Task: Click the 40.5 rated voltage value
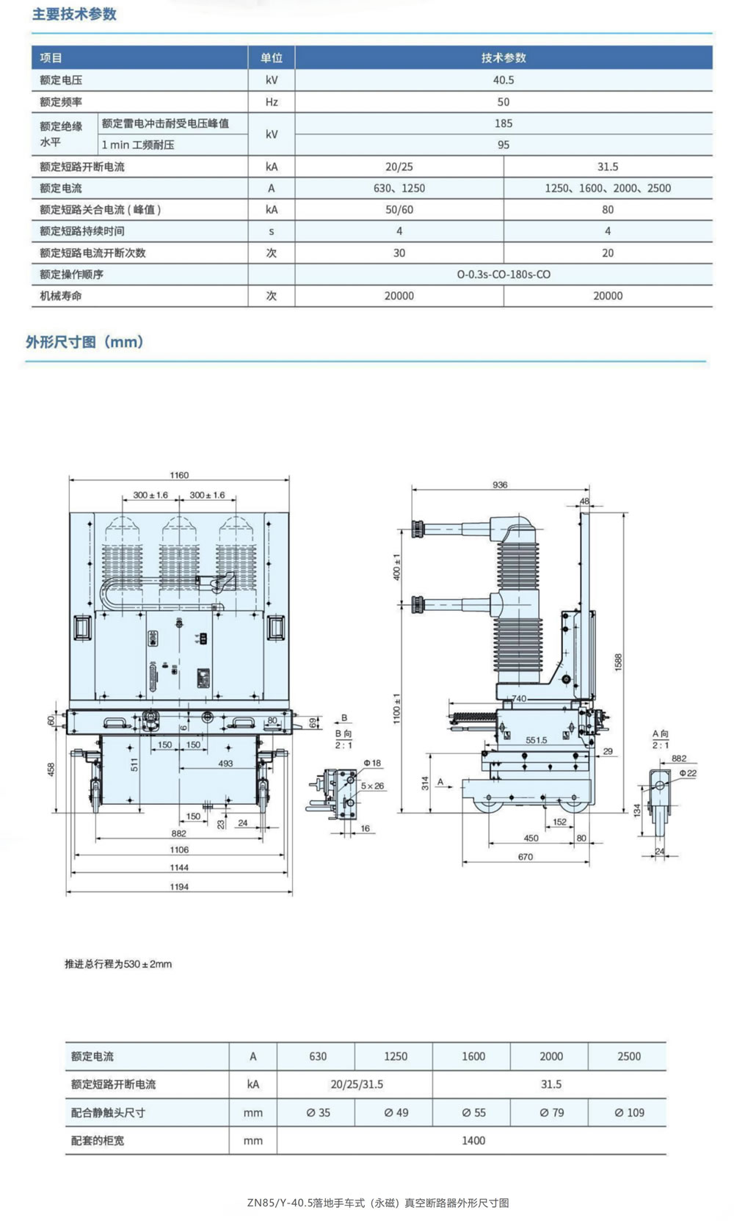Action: coord(503,80)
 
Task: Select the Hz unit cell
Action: coord(272,102)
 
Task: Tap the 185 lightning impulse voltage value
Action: coord(503,123)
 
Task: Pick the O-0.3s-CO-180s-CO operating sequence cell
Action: coord(503,275)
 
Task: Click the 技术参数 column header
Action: coord(503,58)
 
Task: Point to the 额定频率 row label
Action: coord(61,102)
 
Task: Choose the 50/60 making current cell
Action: coord(399,210)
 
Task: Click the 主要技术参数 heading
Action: coord(74,15)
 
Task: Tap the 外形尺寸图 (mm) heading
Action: coord(84,342)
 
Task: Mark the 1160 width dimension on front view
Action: coord(179,475)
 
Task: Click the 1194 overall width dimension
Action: coord(179,887)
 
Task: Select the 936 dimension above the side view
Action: coord(500,485)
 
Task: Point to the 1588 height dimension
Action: coord(618,662)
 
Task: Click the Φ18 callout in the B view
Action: coord(372,764)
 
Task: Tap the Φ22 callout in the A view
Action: coord(688,773)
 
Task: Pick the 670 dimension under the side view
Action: coord(526,857)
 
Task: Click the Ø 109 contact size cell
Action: coord(629,1113)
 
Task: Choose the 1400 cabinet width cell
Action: coord(473,1141)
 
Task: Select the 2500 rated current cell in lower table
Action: coord(629,1057)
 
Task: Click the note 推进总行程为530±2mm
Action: coord(118,964)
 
